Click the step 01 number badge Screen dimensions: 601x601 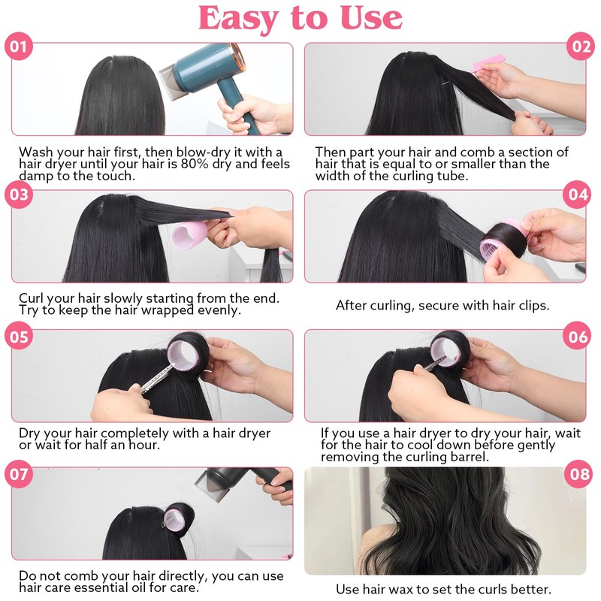18,47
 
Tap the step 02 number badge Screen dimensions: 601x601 581,47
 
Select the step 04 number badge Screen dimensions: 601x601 577,195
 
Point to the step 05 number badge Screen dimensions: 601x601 18,337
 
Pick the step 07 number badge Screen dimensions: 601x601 18,474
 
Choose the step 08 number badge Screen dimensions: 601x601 578,474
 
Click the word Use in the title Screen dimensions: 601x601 371,17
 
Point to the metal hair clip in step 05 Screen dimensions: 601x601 158,379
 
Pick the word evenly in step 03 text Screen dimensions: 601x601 219,310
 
